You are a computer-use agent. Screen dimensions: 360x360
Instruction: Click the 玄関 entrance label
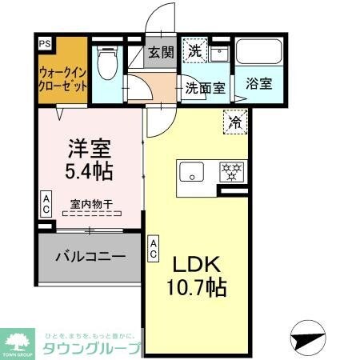(x=159, y=54)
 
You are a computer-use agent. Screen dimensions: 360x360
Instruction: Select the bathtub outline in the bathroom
(x=261, y=53)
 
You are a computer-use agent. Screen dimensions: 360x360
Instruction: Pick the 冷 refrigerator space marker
(x=236, y=122)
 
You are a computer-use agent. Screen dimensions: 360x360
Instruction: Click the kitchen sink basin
(x=191, y=173)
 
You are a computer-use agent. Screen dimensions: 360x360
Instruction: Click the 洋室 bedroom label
(x=87, y=150)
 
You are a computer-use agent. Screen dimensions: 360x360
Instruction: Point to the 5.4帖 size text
(x=87, y=170)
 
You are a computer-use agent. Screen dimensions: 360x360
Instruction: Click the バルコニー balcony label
(x=90, y=258)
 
